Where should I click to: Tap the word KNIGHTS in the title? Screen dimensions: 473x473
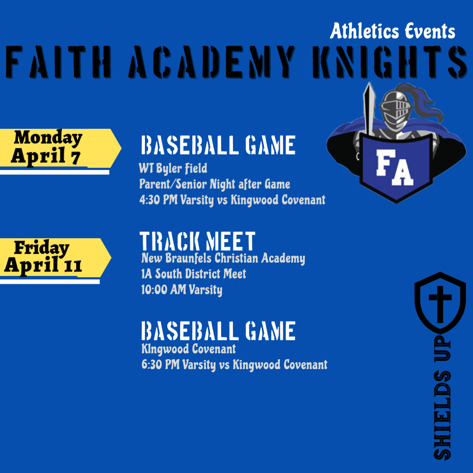390,62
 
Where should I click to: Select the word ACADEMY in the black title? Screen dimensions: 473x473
212,62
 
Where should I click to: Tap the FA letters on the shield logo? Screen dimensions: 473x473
395,167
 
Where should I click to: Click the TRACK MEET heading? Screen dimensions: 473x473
198,241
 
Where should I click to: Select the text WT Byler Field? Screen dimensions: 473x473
173,168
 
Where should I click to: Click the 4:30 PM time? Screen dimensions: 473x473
159,200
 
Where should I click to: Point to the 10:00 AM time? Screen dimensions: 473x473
164,289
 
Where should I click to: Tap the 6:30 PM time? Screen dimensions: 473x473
160,364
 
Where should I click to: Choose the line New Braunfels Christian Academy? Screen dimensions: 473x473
223,258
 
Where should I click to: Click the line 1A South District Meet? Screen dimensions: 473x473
194,274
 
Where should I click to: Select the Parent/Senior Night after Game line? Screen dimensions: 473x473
215,184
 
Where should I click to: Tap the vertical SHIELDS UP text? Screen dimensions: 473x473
442,398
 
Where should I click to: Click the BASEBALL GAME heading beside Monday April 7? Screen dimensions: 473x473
218,145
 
